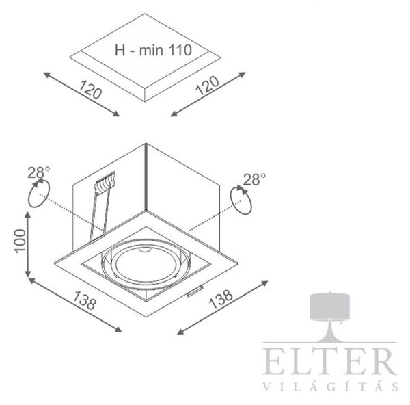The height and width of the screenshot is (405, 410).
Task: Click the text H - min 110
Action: pyautogui.click(x=153, y=50)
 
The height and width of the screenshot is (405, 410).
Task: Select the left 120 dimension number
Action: pyautogui.click(x=90, y=90)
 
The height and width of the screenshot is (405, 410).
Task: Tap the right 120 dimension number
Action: pyautogui.click(x=207, y=86)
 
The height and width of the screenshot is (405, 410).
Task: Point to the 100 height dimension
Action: pyautogui.click(x=20, y=241)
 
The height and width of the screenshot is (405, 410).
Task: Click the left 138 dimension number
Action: pyautogui.click(x=85, y=300)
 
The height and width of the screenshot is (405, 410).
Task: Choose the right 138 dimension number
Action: pyautogui.click(x=221, y=299)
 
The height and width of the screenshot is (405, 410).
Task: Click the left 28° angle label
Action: pyautogui.click(x=39, y=172)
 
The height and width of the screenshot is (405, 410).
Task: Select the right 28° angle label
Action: pyautogui.click(x=254, y=179)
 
